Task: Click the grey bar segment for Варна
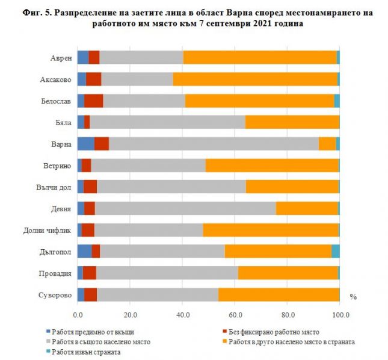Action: click(x=214, y=143)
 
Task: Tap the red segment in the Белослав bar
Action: click(x=94, y=101)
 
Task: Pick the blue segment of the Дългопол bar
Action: click(x=84, y=251)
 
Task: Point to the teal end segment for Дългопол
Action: click(x=336, y=251)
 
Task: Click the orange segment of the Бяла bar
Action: click(x=292, y=122)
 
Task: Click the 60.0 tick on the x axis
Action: click(x=235, y=314)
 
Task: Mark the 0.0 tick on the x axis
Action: click(x=78, y=314)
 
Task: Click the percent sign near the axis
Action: click(x=353, y=297)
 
